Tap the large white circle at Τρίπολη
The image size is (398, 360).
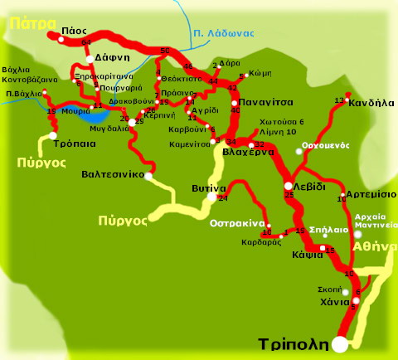pos(340,344)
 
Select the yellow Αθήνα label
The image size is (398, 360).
pos(375,246)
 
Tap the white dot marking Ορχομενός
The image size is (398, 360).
pos(299,151)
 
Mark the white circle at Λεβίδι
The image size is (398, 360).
pos(289,186)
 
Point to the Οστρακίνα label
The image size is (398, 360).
pos(236,224)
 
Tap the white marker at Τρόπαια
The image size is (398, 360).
pos(53,135)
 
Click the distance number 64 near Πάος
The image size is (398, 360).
pos(86,41)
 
